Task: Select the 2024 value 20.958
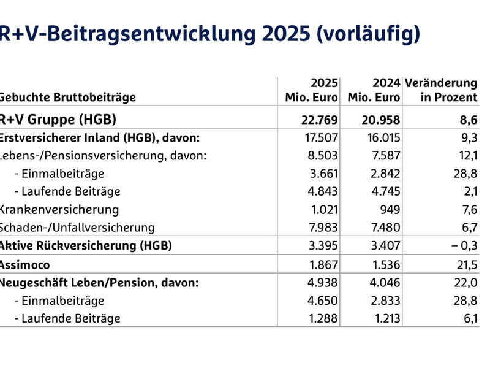pos(380,119)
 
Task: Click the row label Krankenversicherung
pos(59,210)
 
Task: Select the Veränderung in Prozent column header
pos(442,90)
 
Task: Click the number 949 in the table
pos(390,210)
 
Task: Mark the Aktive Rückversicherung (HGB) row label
pos(86,246)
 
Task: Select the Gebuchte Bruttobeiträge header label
pos(67,98)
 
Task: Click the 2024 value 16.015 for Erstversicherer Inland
pos(382,137)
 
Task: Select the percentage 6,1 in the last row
pos(469,319)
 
